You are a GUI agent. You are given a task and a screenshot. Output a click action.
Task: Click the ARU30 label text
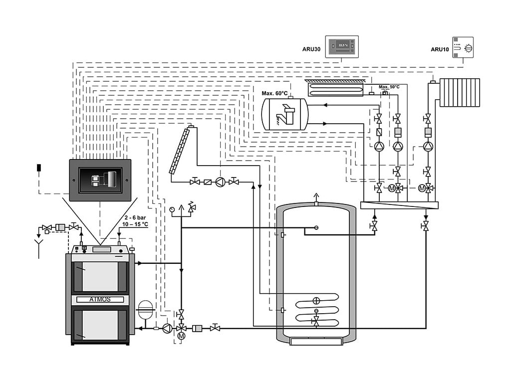coord(311,49)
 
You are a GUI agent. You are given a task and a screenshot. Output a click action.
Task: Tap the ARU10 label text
coord(440,49)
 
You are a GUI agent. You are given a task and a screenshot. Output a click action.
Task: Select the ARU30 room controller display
coord(342,46)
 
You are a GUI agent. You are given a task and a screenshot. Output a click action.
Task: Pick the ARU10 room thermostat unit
coord(463,47)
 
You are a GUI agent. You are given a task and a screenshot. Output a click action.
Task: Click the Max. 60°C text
coord(274,93)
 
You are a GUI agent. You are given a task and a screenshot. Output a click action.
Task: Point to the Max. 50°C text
coord(389,87)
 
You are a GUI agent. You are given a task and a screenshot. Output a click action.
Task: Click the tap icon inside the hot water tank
coord(285,114)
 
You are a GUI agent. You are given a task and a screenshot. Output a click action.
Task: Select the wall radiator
coord(460,92)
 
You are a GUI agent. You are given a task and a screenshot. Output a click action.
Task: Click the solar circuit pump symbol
coord(220,182)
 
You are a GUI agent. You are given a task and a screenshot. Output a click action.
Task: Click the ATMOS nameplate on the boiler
coord(100,299)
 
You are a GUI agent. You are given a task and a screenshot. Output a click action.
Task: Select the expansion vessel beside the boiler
coord(145,310)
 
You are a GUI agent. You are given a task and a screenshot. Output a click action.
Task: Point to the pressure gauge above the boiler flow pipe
coord(172,209)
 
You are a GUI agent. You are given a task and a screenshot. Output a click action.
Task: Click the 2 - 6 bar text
coord(135,217)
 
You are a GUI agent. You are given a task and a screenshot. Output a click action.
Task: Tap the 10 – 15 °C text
coord(135,224)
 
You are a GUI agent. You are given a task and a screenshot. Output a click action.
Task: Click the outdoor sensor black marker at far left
coord(39,168)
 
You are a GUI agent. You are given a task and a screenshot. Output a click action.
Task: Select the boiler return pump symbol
coord(168,328)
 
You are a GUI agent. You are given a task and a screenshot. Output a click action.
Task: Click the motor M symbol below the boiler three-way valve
coord(182,336)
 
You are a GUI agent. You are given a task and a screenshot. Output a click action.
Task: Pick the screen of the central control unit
coord(100,180)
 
